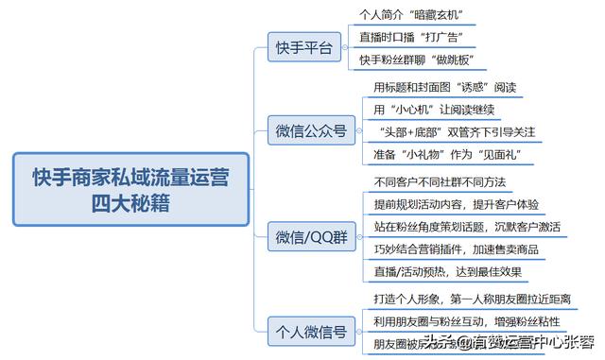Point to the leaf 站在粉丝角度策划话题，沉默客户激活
(x=467, y=228)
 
